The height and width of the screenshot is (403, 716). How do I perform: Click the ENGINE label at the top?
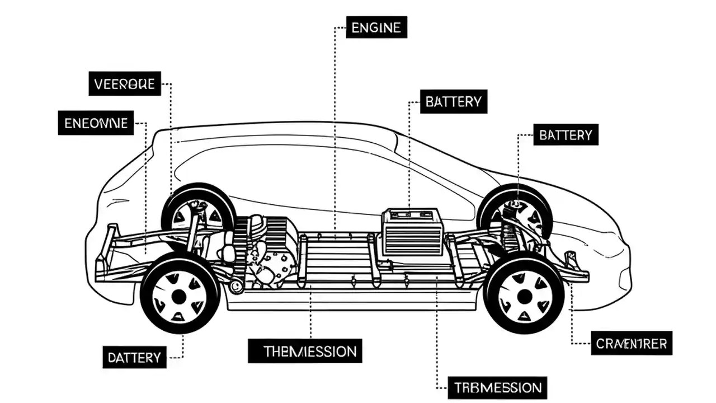(376, 27)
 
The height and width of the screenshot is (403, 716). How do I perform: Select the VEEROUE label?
(125, 84)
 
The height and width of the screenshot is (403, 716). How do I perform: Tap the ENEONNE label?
(96, 123)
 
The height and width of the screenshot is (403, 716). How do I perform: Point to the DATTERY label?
(134, 357)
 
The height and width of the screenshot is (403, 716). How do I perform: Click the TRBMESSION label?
(497, 387)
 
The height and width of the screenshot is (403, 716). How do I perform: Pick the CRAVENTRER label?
(631, 343)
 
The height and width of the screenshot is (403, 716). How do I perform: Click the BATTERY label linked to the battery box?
(453, 102)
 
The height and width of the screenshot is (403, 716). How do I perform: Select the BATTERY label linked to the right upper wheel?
(565, 135)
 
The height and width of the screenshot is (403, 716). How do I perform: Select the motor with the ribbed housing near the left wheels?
(268, 246)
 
